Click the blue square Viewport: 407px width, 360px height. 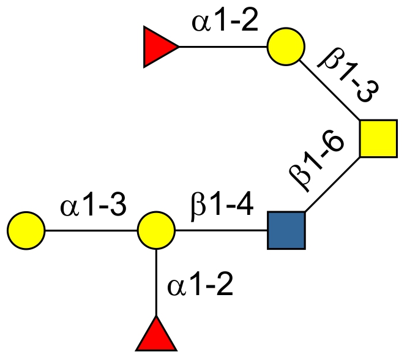tap(286, 231)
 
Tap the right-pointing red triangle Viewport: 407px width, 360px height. tap(159, 47)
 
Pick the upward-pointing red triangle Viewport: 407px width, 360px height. tap(157, 335)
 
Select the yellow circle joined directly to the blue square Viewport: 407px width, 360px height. tap(157, 231)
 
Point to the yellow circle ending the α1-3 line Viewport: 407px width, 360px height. tap(26, 231)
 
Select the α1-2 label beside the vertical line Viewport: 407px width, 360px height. tap(200, 285)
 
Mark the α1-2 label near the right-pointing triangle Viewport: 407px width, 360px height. tap(224, 24)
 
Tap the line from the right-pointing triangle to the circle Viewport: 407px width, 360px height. tap(223, 47)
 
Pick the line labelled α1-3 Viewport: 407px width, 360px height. tap(92, 231)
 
